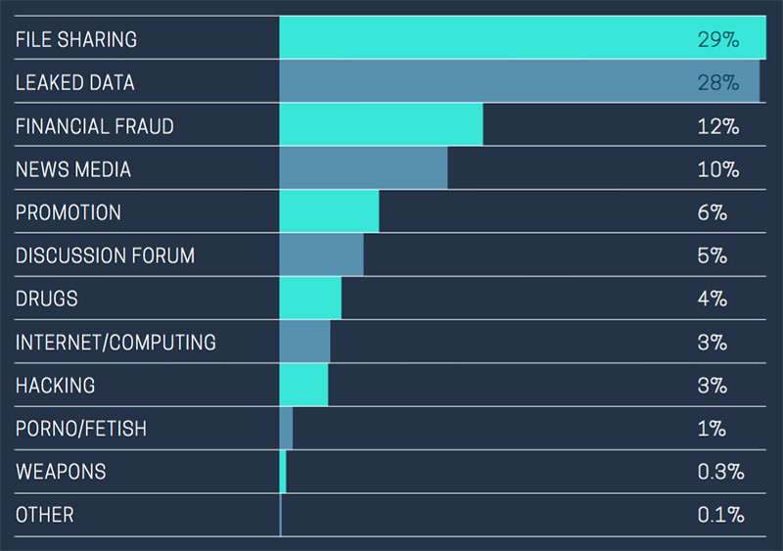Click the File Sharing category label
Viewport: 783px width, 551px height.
pyautogui.click(x=76, y=39)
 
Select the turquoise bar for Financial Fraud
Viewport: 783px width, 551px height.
pyautogui.click(x=381, y=124)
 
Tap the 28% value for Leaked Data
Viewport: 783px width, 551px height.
pyautogui.click(x=718, y=82)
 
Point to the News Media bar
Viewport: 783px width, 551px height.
pyautogui.click(x=363, y=168)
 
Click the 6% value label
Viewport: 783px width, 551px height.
pyautogui.click(x=713, y=212)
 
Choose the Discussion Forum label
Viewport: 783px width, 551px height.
pyautogui.click(x=105, y=255)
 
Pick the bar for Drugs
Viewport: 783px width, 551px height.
pyautogui.click(x=310, y=298)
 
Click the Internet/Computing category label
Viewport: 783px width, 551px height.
pyautogui.click(x=115, y=343)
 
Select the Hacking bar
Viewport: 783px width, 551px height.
pyautogui.click(x=303, y=385)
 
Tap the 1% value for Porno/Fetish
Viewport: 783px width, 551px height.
pyautogui.click(x=712, y=429)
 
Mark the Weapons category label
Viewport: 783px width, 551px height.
pyautogui.click(x=61, y=472)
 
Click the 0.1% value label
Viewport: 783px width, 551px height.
pyautogui.click(x=720, y=515)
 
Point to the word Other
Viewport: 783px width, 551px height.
pyautogui.click(x=44, y=515)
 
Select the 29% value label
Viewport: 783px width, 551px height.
pyautogui.click(x=718, y=39)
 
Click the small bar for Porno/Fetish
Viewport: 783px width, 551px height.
pyautogui.click(x=286, y=428)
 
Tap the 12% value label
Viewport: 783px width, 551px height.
pyautogui.click(x=718, y=126)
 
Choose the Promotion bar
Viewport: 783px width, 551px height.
pyautogui.click(x=329, y=211)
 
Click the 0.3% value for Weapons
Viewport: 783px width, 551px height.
pyautogui.click(x=720, y=472)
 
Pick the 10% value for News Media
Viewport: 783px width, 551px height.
pyautogui.click(x=718, y=170)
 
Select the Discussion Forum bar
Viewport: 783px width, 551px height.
pyautogui.click(x=322, y=254)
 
